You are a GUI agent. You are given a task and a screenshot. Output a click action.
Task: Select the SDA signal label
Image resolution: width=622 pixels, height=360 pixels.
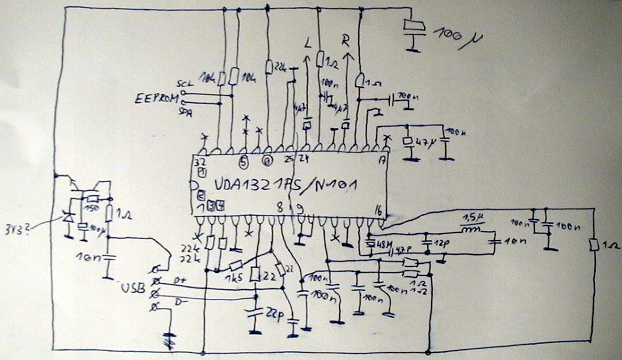point(185,113)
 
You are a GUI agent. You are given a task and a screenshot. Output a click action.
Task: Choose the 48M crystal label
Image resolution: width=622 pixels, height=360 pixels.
point(376,243)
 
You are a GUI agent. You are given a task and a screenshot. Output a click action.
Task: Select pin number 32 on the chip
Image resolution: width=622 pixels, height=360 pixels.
point(199,162)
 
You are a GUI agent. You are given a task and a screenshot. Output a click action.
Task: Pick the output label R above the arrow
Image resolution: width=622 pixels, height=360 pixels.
point(347,39)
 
